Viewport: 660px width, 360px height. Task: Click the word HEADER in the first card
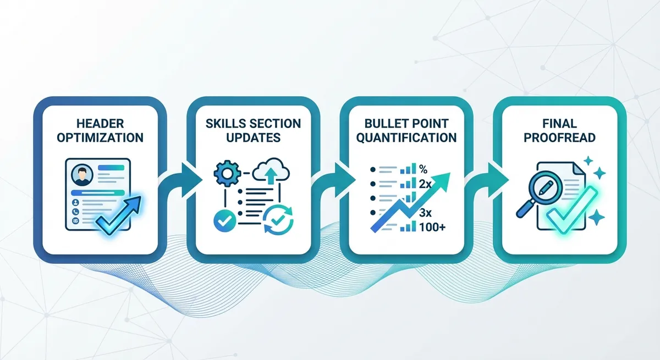(100, 124)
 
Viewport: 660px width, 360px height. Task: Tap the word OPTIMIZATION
(100, 138)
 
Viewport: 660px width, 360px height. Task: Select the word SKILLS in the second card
(224, 124)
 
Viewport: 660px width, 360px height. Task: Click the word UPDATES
(254, 138)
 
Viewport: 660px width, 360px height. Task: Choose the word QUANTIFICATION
(406, 138)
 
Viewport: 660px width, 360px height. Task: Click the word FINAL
(559, 124)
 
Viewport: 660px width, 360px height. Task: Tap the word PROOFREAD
(559, 138)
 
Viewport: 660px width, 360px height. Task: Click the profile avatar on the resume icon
(82, 175)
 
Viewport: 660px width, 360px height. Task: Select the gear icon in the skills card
(227, 173)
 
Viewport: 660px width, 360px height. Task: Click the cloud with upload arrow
(271, 171)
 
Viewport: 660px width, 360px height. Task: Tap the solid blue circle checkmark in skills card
(224, 221)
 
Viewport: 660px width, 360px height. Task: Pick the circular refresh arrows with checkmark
(278, 220)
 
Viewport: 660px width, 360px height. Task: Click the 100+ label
(432, 228)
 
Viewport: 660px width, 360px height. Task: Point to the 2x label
(425, 184)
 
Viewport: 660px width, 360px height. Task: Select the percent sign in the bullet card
(423, 169)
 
